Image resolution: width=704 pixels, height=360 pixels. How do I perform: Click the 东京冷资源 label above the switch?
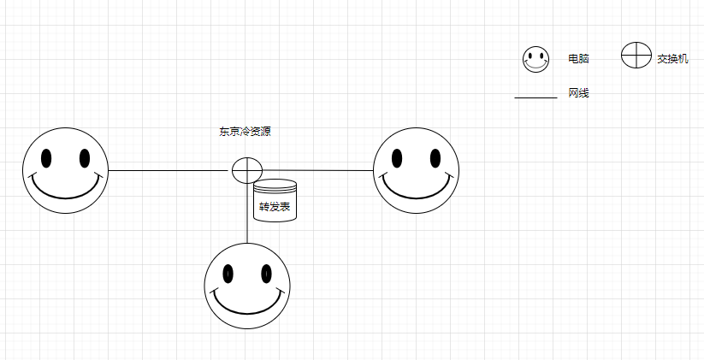click(246, 132)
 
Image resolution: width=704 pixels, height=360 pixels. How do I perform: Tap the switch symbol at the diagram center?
click(246, 170)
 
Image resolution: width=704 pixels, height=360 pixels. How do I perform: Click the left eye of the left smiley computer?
click(47, 158)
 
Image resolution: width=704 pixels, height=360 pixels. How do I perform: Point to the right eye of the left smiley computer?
click(85, 158)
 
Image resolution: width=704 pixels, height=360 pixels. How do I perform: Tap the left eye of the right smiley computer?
click(398, 158)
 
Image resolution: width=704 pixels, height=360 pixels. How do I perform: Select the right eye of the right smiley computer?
click(435, 158)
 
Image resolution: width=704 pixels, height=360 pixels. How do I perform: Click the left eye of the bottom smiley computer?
click(228, 274)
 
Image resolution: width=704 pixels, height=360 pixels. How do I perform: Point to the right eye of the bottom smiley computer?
click(266, 274)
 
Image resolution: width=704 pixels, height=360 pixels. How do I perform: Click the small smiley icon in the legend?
click(536, 59)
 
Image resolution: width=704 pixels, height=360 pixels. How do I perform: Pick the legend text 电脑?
click(578, 59)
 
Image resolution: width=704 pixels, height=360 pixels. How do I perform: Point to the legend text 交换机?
click(672, 60)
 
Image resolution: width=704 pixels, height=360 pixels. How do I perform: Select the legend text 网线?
click(578, 93)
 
